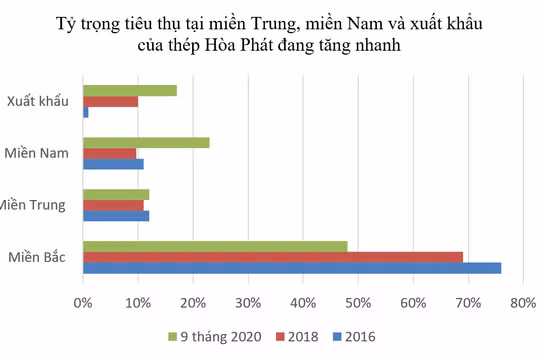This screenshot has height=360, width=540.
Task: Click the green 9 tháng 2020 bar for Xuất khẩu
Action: point(130,90)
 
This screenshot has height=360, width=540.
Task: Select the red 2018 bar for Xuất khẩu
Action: point(110,101)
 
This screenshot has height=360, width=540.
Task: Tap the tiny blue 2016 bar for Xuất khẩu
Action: point(86,112)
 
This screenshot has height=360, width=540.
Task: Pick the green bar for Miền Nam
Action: point(146,142)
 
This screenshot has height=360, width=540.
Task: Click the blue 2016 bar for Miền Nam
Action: point(113,164)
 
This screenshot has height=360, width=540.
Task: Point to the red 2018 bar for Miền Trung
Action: point(113,205)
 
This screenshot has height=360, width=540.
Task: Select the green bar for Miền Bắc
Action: point(215,246)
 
